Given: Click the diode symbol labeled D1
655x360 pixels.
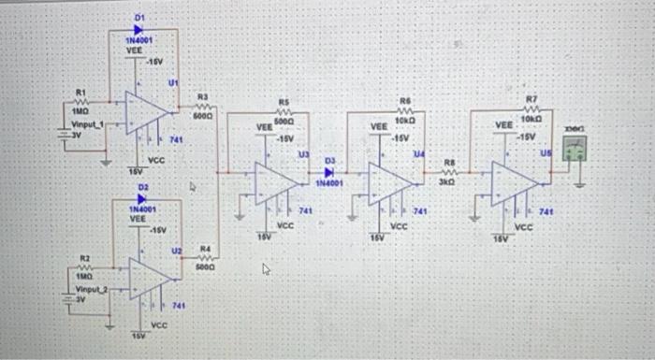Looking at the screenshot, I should coord(139,29).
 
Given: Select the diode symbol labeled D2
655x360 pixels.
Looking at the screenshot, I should coord(141,199).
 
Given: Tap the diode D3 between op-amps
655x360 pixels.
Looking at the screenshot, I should coord(328,172).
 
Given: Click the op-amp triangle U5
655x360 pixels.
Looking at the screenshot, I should coord(512,180).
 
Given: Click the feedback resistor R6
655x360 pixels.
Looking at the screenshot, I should coord(405,109).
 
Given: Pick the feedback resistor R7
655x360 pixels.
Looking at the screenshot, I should coord(531,108).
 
